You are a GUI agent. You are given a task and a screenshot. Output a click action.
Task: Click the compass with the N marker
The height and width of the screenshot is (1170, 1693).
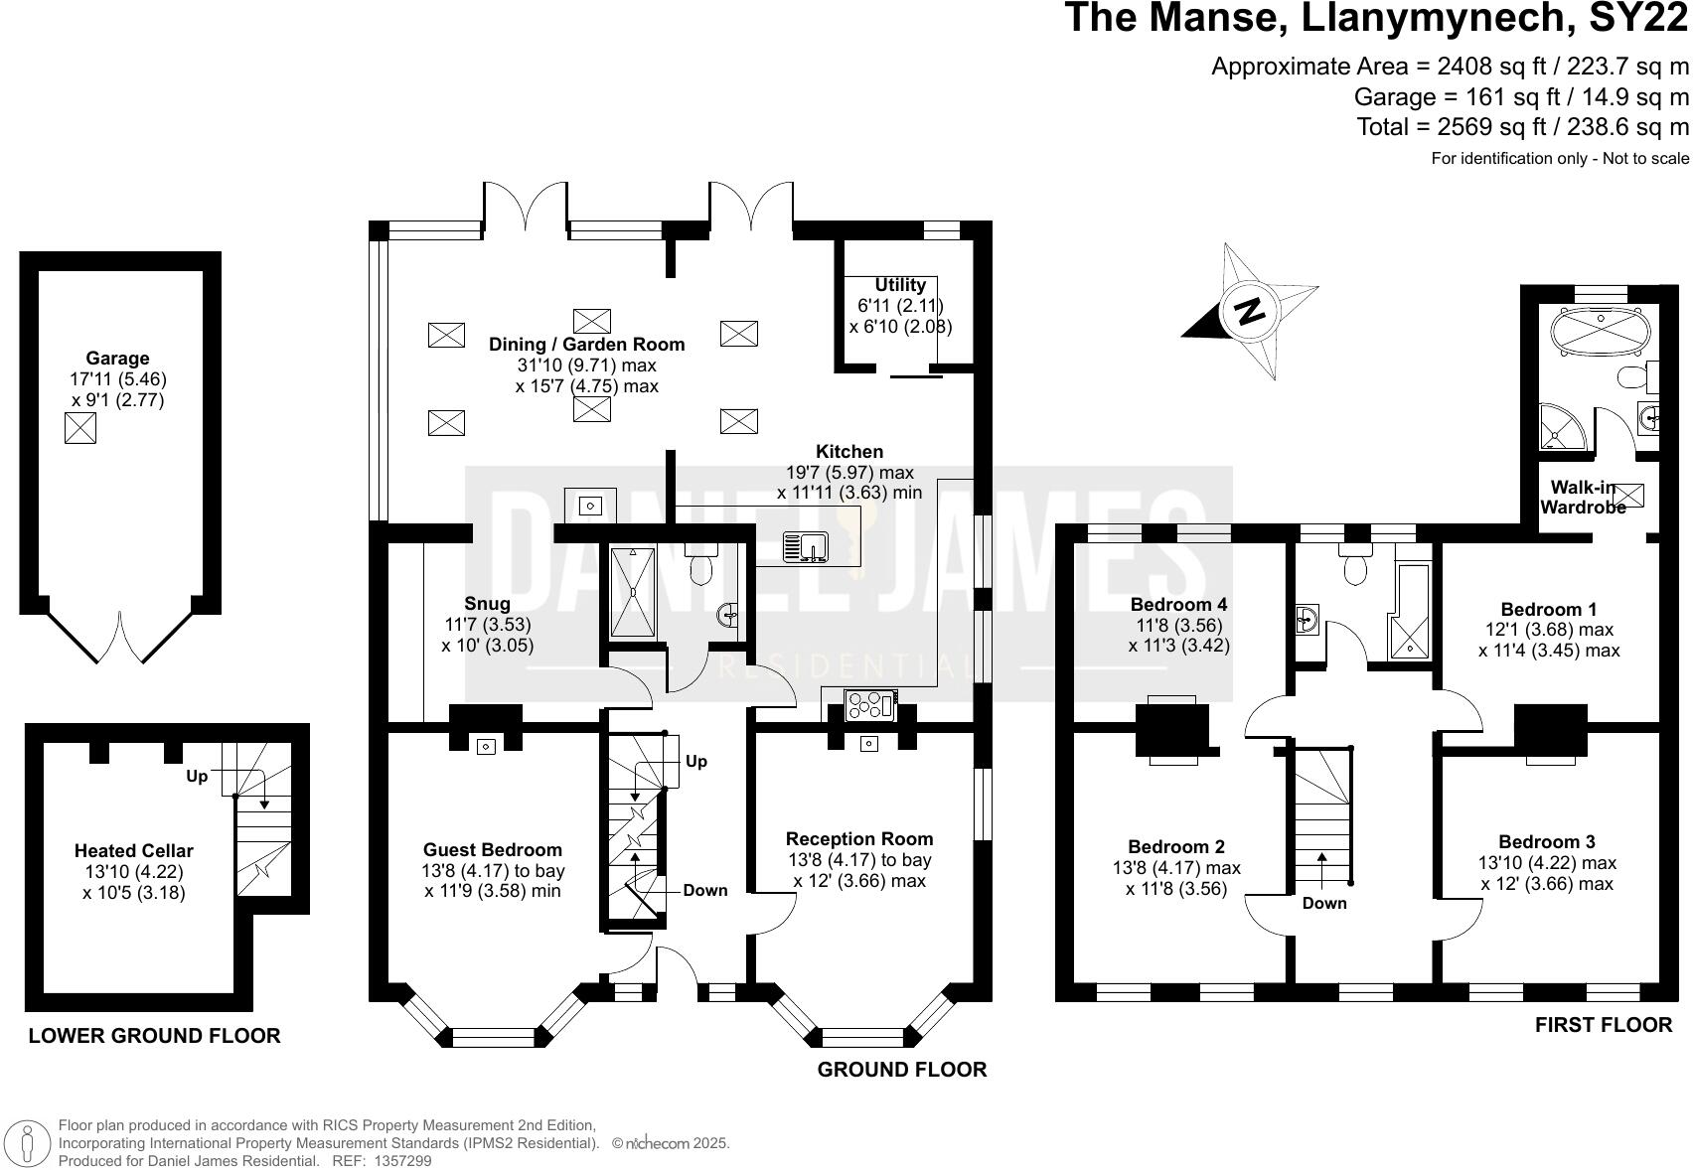coord(1250,311)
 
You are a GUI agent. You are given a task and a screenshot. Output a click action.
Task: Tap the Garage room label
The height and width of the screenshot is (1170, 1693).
coord(117,359)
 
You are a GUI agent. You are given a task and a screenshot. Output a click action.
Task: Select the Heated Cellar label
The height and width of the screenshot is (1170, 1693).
coord(133,851)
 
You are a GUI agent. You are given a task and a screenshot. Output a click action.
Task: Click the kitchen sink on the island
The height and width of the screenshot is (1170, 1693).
coord(805,546)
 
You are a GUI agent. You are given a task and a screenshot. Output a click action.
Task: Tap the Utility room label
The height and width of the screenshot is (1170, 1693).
coord(900,285)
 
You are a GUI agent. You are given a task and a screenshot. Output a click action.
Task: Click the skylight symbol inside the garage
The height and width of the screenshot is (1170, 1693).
coord(80,428)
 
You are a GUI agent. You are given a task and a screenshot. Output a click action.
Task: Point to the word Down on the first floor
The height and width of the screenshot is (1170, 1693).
coord(1324,903)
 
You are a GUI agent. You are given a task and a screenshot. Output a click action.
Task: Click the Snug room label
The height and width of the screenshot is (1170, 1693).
coord(487,604)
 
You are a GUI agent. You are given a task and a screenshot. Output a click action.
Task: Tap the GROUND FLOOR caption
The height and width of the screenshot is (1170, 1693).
coord(901,1070)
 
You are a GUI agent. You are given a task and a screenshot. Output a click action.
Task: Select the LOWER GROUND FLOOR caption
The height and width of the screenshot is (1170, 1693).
coord(154,1036)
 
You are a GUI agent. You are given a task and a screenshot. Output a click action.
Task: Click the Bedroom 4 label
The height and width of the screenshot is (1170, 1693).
coord(1178,604)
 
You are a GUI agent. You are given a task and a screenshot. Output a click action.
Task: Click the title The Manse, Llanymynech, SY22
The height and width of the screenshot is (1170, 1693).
coord(1376,19)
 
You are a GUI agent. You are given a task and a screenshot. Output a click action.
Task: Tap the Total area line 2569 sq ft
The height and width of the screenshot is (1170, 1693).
coord(1522,127)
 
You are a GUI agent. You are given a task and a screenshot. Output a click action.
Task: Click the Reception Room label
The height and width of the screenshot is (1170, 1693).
coord(858,839)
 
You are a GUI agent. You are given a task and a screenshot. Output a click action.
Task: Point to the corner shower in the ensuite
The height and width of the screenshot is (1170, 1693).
coord(1562,426)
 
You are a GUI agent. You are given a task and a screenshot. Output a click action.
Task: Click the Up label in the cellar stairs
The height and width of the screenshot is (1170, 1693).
coord(197,776)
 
